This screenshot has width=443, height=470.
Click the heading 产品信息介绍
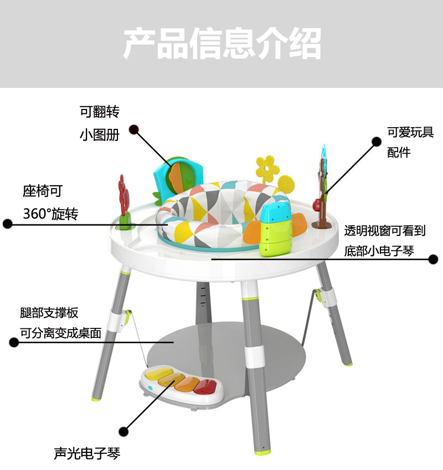point(221,44)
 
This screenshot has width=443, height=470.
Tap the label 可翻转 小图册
point(100,123)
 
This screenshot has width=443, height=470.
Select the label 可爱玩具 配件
point(410,142)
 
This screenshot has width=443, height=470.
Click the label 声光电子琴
point(87,454)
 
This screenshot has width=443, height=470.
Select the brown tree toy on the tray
point(323,188)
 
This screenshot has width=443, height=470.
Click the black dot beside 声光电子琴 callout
point(124,430)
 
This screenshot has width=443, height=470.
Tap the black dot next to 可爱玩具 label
point(377,142)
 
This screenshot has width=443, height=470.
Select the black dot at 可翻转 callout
point(133,129)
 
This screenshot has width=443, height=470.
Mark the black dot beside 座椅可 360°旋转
point(8,224)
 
